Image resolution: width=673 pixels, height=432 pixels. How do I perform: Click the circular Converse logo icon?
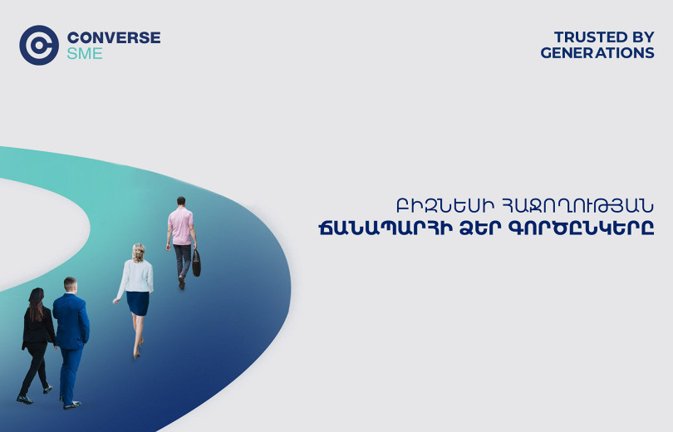pyautogui.click(x=39, y=45)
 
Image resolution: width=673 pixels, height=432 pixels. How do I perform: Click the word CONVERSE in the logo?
pyautogui.click(x=114, y=37)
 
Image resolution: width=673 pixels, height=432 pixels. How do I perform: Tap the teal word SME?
pyautogui.click(x=85, y=54)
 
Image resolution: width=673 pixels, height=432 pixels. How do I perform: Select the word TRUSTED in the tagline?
pyautogui.click(x=591, y=37)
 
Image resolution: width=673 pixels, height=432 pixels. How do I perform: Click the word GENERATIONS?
pyautogui.click(x=597, y=53)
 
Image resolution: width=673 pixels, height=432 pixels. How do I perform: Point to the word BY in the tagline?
pyautogui.click(x=643, y=37)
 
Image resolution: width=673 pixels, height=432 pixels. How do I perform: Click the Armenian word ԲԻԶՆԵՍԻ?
pyautogui.click(x=445, y=206)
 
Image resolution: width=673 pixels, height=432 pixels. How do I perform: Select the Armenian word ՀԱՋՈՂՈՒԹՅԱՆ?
pyautogui.click(x=577, y=206)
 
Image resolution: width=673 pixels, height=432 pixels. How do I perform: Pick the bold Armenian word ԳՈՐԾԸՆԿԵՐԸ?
pyautogui.click(x=581, y=228)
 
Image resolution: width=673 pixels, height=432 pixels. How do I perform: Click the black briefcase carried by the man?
pyautogui.click(x=196, y=263)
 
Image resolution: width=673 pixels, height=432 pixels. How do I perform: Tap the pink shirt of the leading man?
pyautogui.click(x=180, y=226)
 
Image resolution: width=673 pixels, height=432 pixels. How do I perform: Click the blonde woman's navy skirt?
pyautogui.click(x=138, y=303)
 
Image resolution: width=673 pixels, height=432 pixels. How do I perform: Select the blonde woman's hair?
pyautogui.click(x=138, y=253)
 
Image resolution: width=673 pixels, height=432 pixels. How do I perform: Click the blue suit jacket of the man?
pyautogui.click(x=71, y=322)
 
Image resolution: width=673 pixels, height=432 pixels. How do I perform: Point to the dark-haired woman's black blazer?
pyautogui.click(x=37, y=326)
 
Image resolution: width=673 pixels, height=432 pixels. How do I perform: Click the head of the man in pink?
pyautogui.click(x=181, y=201)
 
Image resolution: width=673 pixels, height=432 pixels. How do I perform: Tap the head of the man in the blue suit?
pyautogui.click(x=70, y=285)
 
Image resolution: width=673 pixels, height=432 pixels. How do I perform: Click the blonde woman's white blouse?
pyautogui.click(x=137, y=277)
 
